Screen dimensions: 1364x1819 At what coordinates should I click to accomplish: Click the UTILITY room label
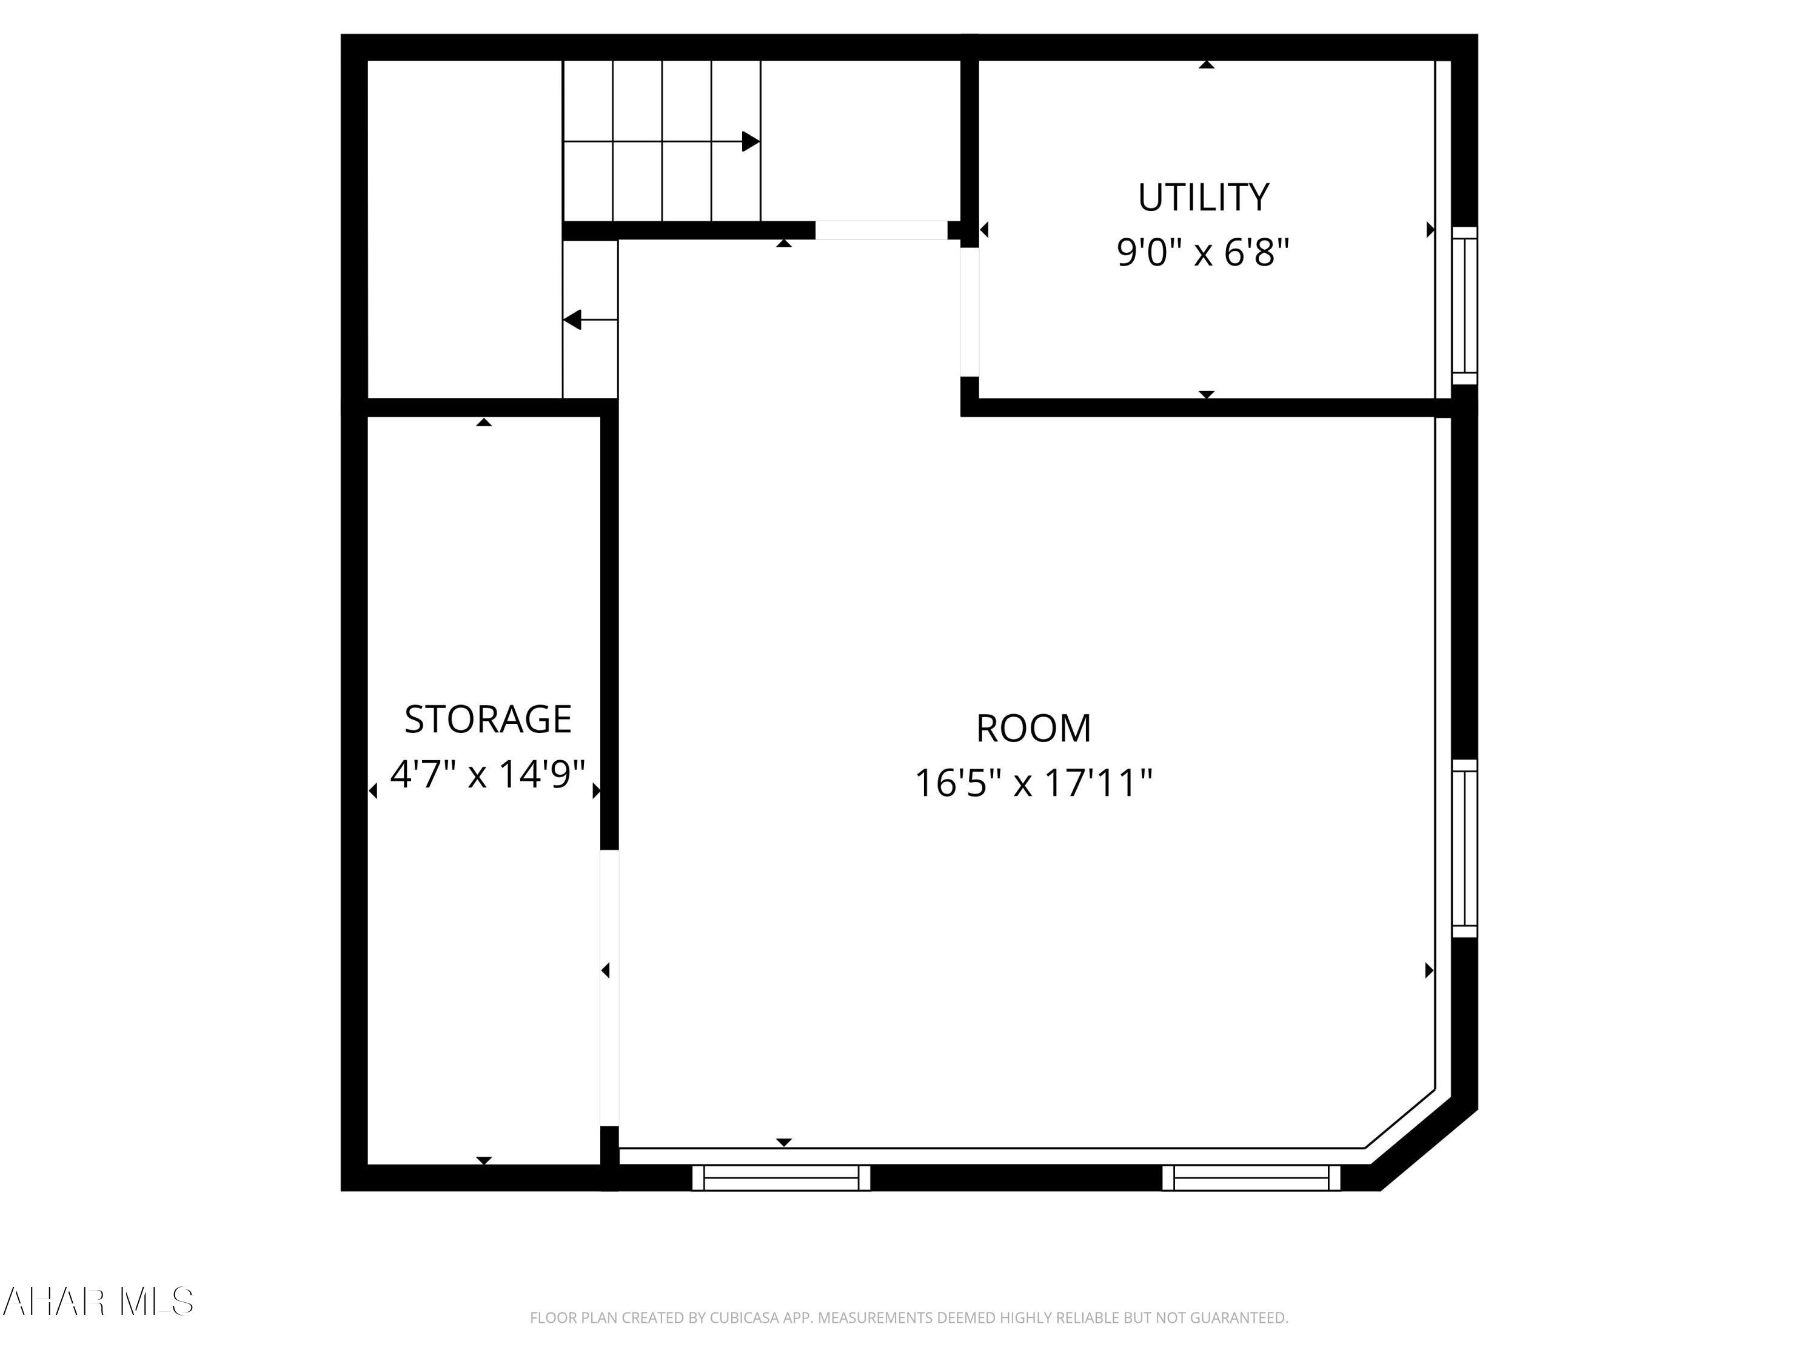click(x=1203, y=197)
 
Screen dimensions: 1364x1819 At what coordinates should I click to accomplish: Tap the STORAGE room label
click(x=487, y=720)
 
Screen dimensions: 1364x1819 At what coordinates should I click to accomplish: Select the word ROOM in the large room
click(x=1033, y=729)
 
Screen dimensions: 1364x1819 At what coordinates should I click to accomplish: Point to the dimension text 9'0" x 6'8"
click(x=1202, y=252)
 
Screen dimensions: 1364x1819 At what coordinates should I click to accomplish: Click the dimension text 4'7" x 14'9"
click(x=487, y=774)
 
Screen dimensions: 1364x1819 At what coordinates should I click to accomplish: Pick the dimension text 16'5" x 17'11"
click(x=1033, y=783)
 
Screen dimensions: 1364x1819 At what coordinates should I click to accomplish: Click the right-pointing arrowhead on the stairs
click(x=750, y=141)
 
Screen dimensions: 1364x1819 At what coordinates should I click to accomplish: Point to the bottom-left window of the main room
click(x=780, y=1177)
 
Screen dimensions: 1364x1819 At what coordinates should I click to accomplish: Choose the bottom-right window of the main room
click(x=1251, y=1177)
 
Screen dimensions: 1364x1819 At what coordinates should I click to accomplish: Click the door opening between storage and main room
click(x=609, y=986)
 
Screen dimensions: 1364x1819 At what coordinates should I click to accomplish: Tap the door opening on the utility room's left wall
click(x=970, y=312)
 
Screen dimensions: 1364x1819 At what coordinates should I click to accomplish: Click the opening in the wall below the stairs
click(x=881, y=230)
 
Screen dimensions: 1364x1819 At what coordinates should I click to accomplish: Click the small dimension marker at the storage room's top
click(x=484, y=423)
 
